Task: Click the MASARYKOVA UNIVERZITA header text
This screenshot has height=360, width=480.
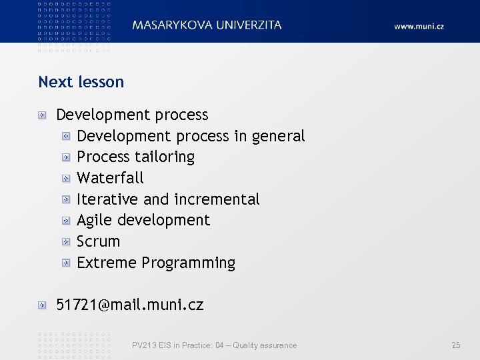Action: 207,25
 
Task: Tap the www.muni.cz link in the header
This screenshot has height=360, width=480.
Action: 419,27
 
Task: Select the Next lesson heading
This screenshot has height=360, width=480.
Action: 81,82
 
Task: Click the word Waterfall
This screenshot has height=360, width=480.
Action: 110,178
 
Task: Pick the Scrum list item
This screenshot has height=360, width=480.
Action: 98,241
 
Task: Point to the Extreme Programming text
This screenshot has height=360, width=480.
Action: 156,263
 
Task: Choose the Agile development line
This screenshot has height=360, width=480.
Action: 143,220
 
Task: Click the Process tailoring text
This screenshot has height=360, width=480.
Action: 135,157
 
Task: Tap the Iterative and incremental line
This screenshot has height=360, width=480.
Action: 168,199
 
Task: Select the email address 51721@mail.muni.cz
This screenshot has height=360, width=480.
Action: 130,305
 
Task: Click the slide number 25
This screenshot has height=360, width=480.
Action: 456,345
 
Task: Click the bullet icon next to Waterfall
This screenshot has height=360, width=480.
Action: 66,178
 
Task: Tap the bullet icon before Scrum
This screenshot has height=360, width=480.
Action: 66,241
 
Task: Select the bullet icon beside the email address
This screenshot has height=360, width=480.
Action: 43,305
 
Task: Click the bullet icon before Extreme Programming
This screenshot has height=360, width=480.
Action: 66,263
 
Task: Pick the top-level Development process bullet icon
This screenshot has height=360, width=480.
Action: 43,115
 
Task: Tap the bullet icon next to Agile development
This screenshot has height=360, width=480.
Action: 66,220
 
